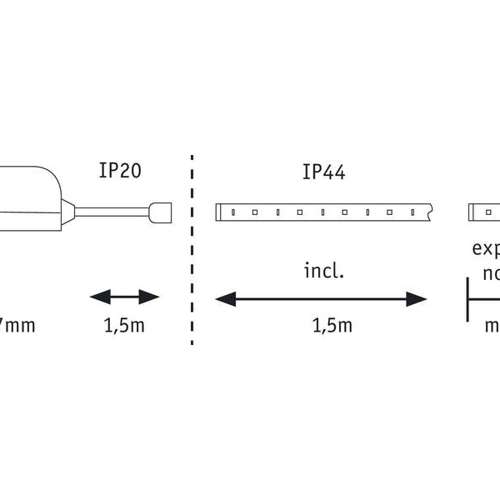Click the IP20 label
120,171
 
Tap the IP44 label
324,172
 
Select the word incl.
323,271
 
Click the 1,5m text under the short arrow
124,326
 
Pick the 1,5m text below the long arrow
332,326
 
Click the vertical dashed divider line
192,250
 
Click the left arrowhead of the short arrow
97,297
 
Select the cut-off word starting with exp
485,248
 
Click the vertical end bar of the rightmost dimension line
468,298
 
